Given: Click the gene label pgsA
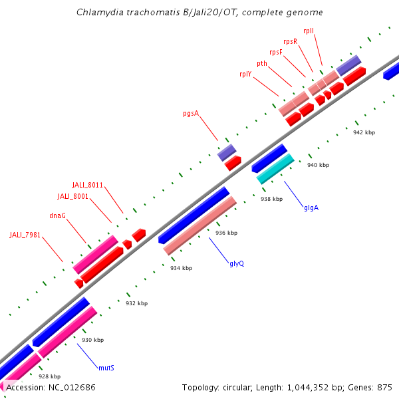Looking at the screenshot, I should [191, 113].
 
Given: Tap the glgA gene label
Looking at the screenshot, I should [311, 207].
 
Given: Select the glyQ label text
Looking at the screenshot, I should [237, 263].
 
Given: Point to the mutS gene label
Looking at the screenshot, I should [106, 367].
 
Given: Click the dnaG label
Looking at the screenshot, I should [58, 215].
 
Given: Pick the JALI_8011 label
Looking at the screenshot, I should [87, 185].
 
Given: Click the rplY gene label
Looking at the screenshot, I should [245, 74].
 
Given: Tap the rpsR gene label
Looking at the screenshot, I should [290, 41].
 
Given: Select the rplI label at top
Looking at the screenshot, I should [309, 31].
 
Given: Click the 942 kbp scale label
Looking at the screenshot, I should [364, 132].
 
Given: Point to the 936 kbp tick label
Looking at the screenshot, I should [226, 233].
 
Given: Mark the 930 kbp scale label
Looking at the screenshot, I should [92, 340].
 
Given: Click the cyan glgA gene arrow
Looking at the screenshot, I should [275, 169].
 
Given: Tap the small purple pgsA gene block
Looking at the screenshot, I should [227, 152].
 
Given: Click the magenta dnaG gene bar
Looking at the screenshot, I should [95, 253].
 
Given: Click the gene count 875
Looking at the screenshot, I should [384, 386].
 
